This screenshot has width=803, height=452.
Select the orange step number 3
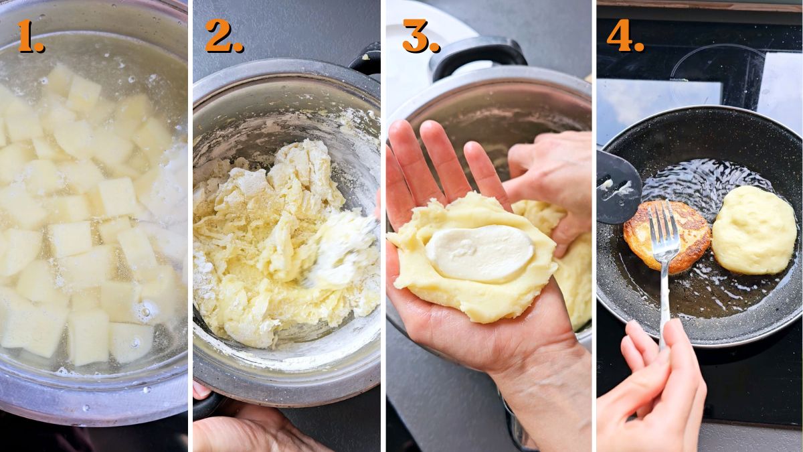point(419,36)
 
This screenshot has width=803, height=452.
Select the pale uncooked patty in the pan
point(753,229)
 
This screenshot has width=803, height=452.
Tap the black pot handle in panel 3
point(476,54)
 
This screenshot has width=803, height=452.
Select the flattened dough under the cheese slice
point(468,295)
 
